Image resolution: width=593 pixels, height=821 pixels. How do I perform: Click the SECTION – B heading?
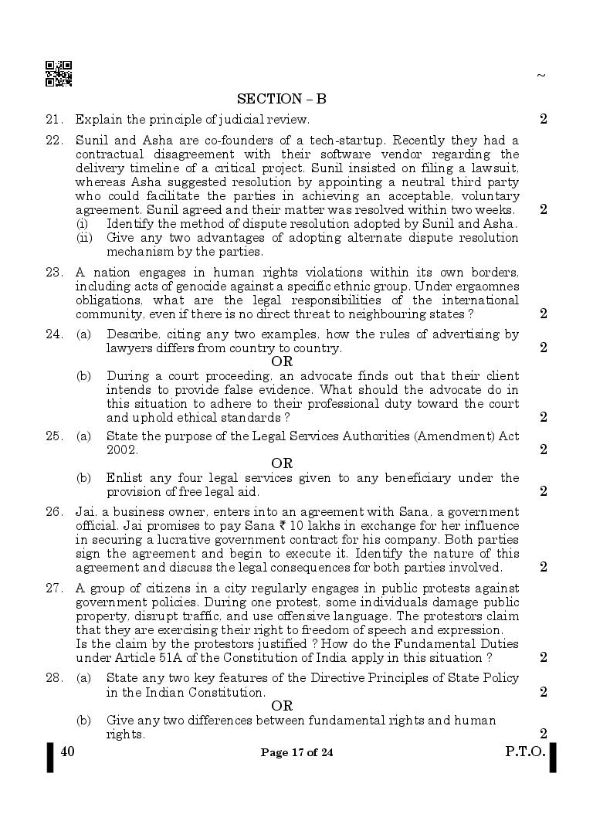point(281,99)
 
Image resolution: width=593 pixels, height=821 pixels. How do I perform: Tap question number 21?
point(53,119)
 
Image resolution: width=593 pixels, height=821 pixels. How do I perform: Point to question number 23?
point(53,272)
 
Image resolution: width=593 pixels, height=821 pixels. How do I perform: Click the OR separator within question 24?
point(282,361)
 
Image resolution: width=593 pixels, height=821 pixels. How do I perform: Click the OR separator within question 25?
point(282,463)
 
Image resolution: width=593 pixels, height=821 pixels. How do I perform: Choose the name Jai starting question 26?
point(85,511)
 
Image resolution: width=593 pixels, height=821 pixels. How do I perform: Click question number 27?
point(53,588)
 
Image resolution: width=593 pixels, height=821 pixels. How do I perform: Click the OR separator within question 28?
point(282,706)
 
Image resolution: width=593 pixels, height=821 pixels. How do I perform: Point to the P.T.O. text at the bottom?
point(525,752)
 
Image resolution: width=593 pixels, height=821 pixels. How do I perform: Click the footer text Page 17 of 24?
point(297,753)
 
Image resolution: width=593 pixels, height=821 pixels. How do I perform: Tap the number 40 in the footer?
point(66,751)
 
